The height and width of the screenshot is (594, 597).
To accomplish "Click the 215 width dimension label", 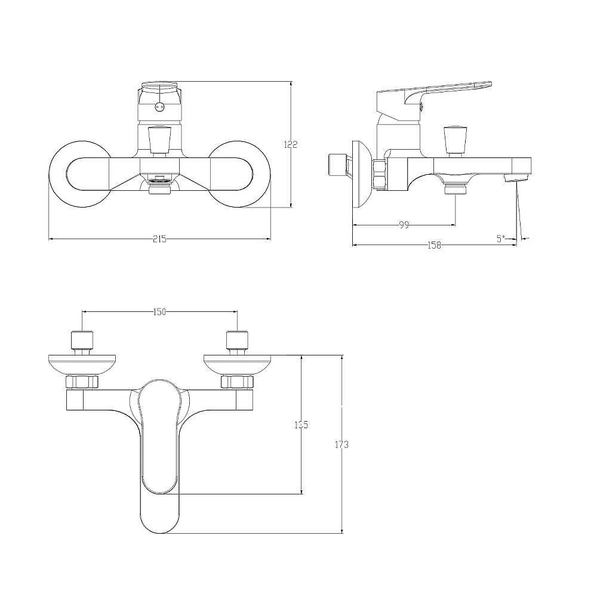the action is (x=160, y=239).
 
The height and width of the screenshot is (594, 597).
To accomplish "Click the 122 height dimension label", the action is (x=291, y=144).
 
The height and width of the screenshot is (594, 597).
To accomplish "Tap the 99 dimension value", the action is (x=404, y=225).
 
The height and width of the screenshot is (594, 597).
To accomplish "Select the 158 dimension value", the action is (x=434, y=245).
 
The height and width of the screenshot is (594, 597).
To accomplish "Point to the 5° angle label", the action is (x=501, y=239).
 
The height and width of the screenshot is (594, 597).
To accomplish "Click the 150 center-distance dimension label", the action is (x=159, y=312).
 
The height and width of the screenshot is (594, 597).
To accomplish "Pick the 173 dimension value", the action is (x=341, y=444).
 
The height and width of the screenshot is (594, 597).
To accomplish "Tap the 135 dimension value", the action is (x=301, y=425).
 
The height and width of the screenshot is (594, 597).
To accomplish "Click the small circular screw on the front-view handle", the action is (x=159, y=107).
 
